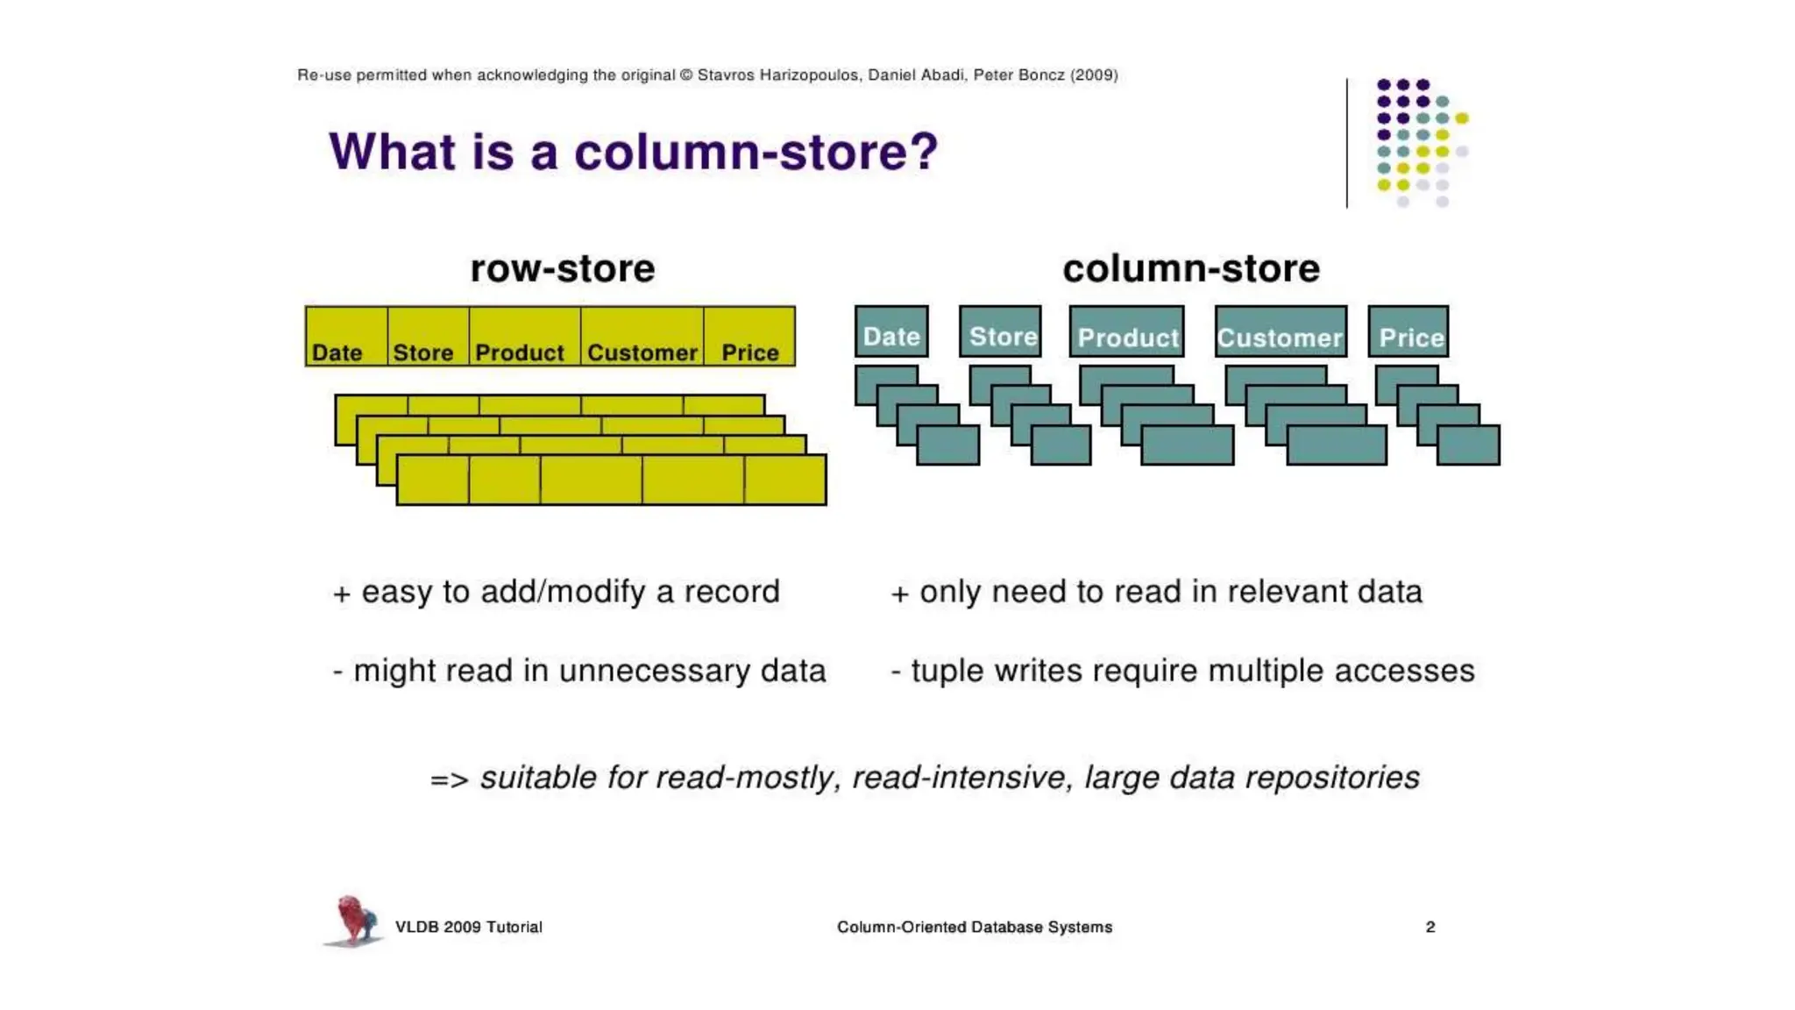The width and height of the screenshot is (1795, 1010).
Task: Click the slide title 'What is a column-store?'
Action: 633,152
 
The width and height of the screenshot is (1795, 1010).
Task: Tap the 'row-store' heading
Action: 562,268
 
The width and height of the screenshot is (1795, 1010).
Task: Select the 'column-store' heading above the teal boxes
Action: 1190,268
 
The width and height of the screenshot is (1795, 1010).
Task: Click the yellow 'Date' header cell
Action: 346,337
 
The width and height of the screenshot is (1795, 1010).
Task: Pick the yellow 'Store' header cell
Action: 428,337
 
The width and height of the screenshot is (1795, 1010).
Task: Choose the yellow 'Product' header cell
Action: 524,337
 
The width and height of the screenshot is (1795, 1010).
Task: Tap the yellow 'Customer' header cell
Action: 642,337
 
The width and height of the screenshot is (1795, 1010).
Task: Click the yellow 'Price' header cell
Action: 749,337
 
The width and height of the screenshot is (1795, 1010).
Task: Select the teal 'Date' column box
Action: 891,332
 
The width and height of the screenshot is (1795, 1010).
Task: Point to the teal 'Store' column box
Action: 1000,332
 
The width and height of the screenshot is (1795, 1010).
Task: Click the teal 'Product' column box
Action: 1126,332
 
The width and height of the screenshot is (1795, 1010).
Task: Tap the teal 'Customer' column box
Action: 1281,332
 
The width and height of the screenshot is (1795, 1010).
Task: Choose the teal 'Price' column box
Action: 1408,332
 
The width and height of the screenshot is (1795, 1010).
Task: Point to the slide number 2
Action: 1430,927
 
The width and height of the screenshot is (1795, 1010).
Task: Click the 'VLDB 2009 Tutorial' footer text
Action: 469,927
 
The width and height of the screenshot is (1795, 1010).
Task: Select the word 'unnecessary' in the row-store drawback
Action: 654,672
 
